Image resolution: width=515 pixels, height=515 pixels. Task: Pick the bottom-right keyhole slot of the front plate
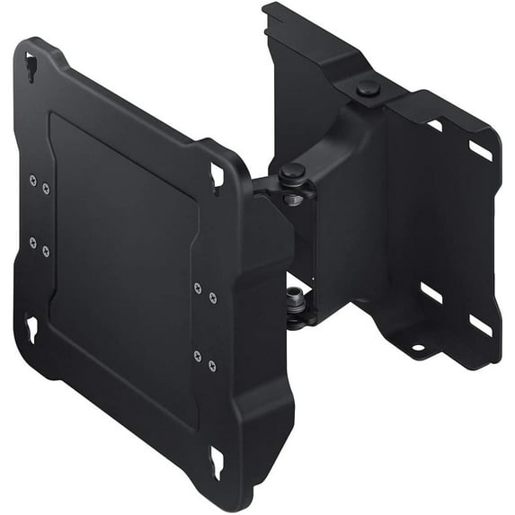coord(216,462)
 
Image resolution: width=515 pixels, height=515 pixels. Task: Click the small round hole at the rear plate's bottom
coord(419,346)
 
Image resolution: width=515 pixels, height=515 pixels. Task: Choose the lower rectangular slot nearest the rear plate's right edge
coord(480,324)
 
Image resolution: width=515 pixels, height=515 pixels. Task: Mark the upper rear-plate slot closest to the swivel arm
coord(434,125)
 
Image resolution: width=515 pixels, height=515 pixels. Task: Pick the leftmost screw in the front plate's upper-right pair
coord(197,289)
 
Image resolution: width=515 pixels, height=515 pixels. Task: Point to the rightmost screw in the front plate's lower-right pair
coord(211,366)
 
